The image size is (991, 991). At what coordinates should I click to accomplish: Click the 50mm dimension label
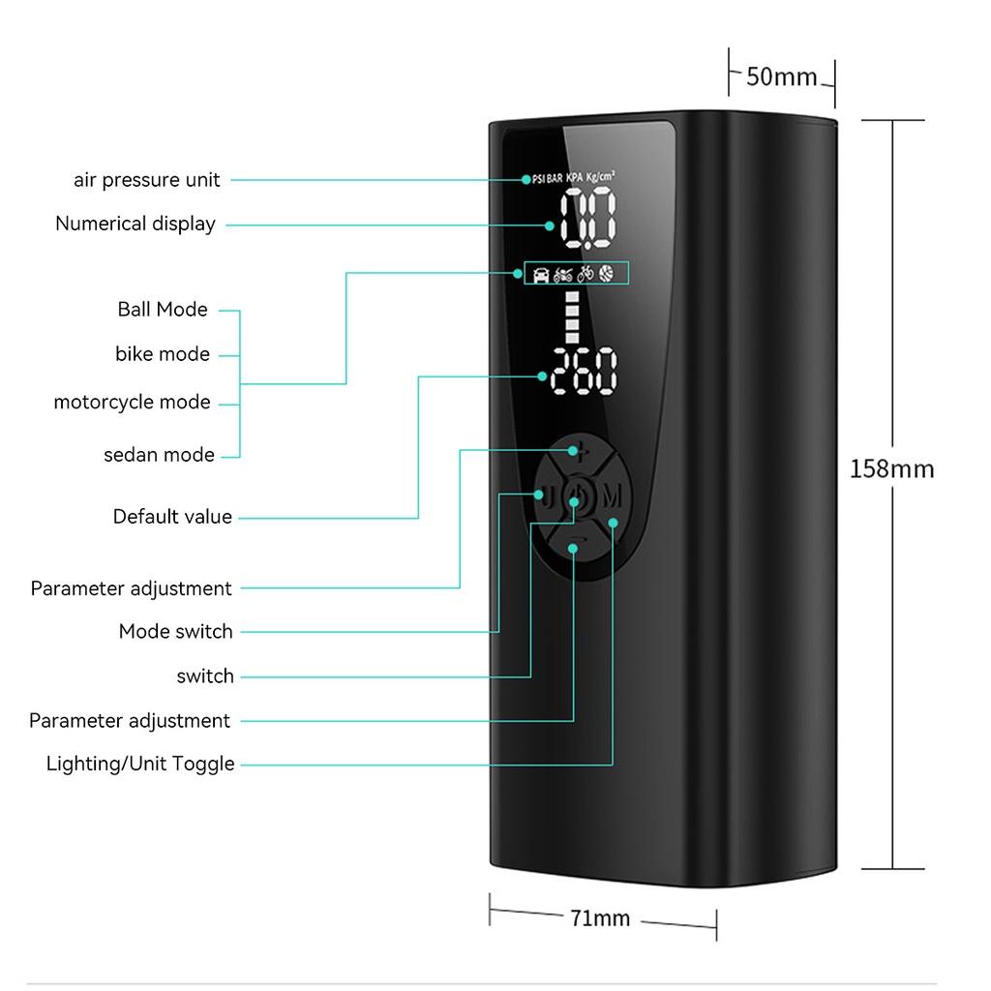coord(781,76)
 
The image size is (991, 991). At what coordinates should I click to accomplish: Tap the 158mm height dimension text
coord(891,469)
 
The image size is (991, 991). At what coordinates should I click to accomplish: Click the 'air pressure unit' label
coord(147,180)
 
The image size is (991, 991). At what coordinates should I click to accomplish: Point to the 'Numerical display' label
coord(135,224)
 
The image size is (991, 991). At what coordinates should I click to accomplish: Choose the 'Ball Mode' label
coord(163,310)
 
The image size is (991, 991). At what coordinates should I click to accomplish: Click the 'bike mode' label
coord(163,354)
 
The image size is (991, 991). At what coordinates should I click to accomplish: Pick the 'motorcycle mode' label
coord(132,402)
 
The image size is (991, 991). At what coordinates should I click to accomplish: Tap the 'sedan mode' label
coord(159,455)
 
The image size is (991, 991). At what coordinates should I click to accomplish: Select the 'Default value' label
coord(172,517)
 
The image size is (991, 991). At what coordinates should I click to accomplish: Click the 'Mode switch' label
coord(176,632)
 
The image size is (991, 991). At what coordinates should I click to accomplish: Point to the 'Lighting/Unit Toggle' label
coord(140,765)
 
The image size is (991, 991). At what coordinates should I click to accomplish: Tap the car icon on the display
coord(541,275)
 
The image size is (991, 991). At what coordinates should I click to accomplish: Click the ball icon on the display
coord(606,274)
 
